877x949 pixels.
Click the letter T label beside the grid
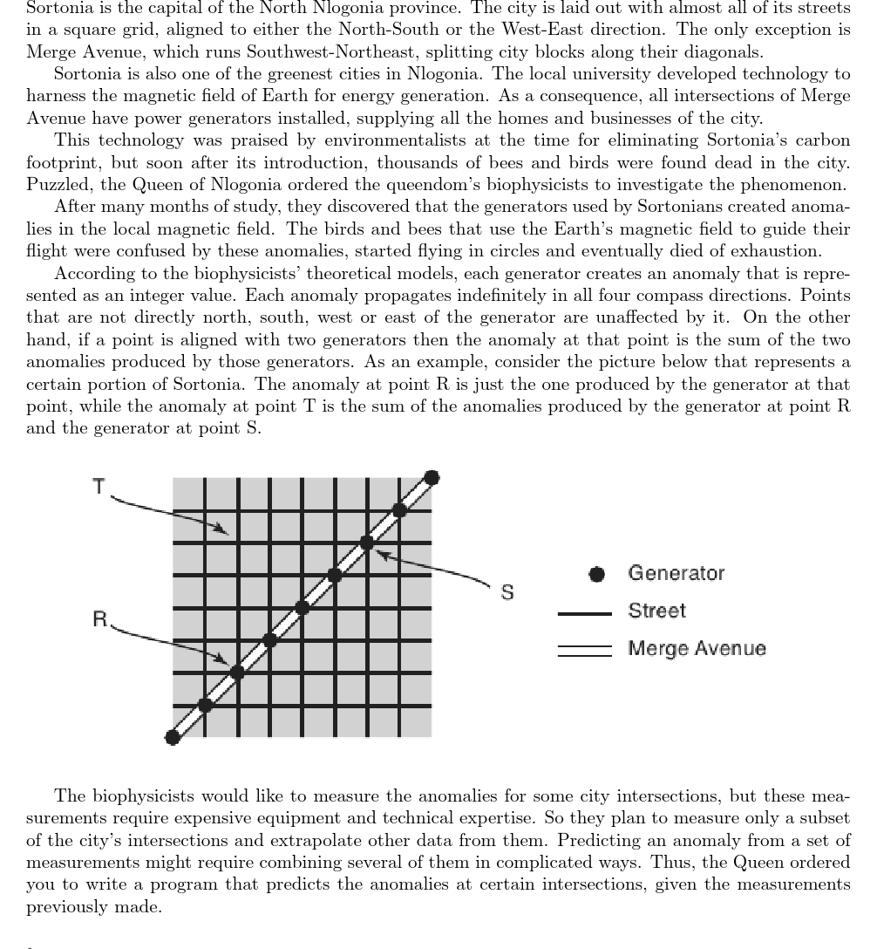99,487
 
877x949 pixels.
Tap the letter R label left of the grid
100,620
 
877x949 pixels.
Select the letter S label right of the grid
507,593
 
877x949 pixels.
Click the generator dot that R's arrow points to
237,672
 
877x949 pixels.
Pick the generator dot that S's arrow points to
367,543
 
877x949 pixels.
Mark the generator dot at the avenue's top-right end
432,477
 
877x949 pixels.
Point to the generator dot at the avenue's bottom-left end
173,738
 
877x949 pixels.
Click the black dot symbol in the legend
597,574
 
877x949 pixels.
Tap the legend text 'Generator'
676,573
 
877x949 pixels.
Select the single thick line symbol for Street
584,613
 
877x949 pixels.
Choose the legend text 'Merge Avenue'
697,649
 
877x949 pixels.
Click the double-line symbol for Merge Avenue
584,651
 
